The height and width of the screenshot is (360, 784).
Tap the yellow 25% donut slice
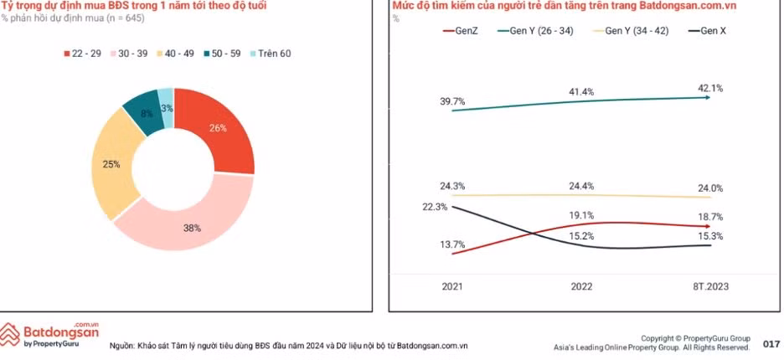pos(111,165)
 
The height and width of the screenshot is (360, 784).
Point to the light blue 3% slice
pos(167,108)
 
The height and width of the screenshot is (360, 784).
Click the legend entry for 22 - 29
pos(84,54)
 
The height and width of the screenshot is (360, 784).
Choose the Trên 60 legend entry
pos(267,54)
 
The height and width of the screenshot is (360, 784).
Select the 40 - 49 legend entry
pos(177,54)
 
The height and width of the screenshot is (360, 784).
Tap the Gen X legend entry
pos(707,31)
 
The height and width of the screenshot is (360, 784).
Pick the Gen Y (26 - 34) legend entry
pos(537,31)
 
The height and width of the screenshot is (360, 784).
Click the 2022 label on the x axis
pos(581,286)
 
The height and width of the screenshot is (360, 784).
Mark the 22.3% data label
pos(435,207)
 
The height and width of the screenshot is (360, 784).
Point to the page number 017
pos(771,344)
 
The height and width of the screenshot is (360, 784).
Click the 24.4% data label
pos(581,186)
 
